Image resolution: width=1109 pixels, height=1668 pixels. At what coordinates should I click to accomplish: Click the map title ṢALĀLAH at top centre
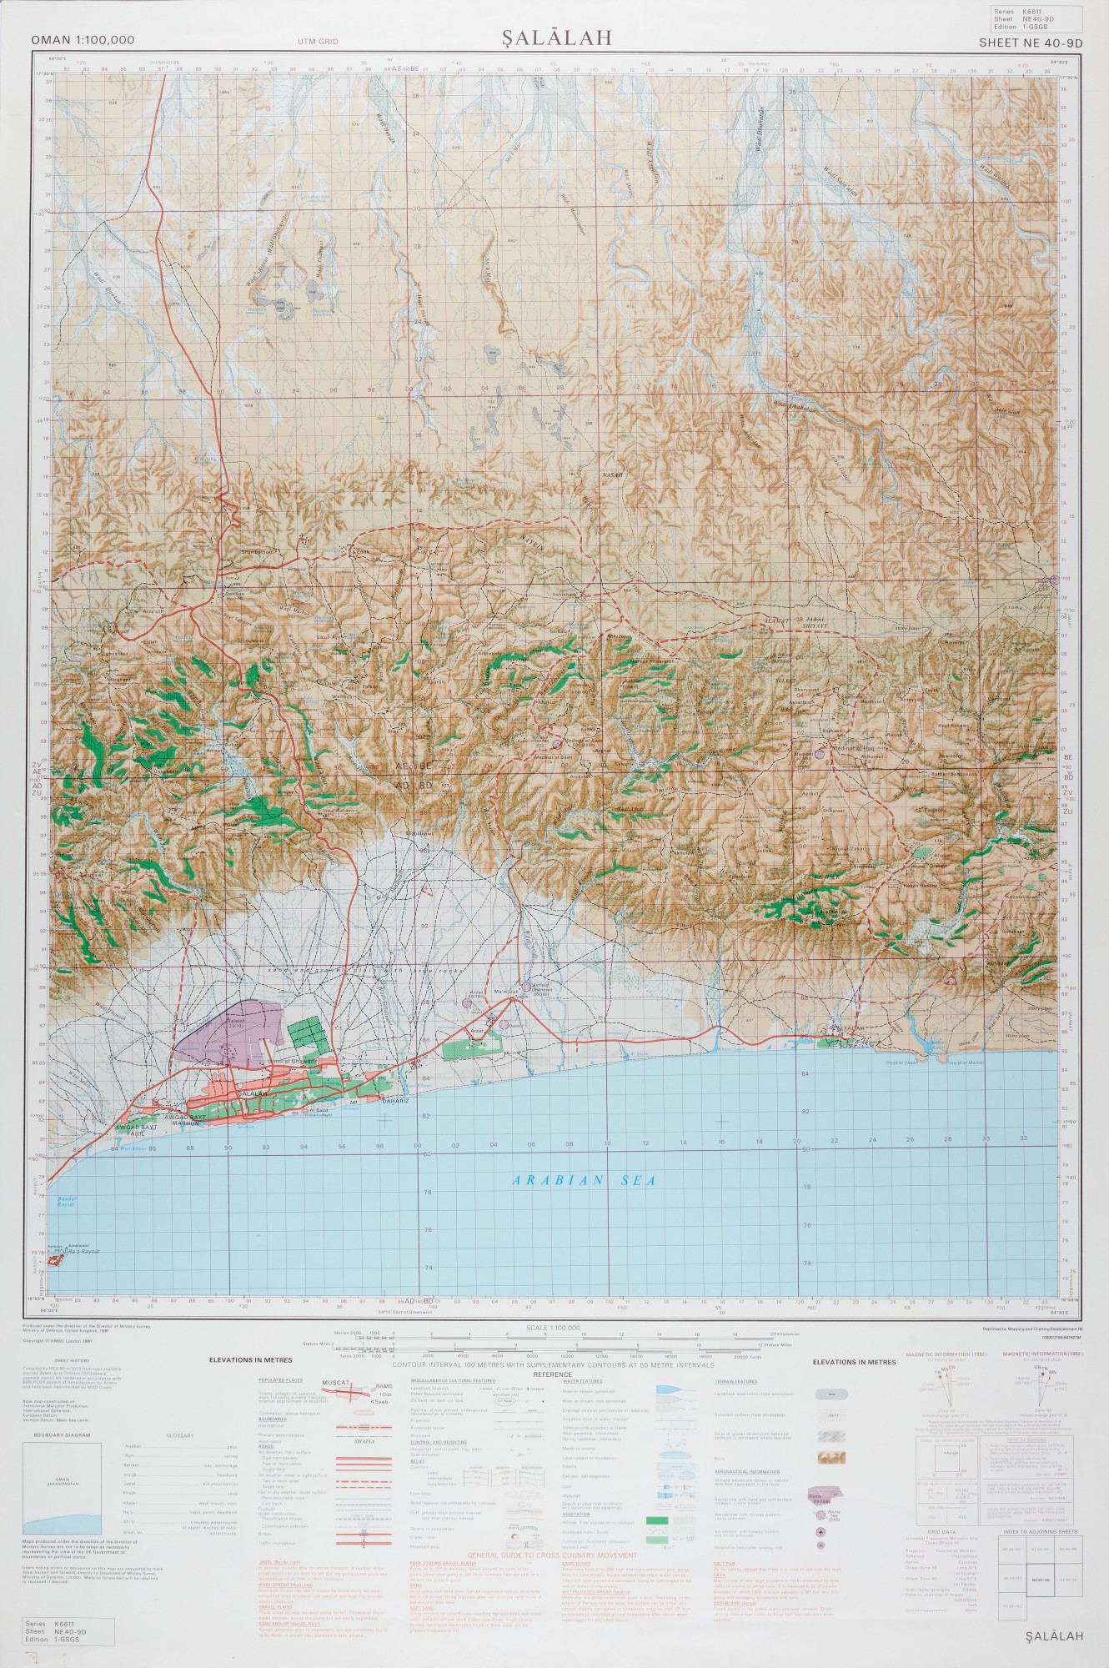[x=556, y=38]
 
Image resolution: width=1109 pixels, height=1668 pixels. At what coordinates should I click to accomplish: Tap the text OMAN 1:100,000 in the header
[x=83, y=40]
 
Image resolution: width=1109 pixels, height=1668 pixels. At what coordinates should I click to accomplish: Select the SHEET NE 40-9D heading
[x=1030, y=43]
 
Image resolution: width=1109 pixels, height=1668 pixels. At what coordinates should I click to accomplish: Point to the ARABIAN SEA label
[x=584, y=1180]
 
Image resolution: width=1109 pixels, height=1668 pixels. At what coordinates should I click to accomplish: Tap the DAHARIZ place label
[x=394, y=1102]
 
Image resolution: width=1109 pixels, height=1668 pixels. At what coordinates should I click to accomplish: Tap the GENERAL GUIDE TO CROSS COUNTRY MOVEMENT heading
[x=552, y=1556]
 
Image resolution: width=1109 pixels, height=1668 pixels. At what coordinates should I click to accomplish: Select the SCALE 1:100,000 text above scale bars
[x=553, y=1328]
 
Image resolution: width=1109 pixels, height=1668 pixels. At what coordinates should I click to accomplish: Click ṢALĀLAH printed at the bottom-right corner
[x=1054, y=1636]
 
